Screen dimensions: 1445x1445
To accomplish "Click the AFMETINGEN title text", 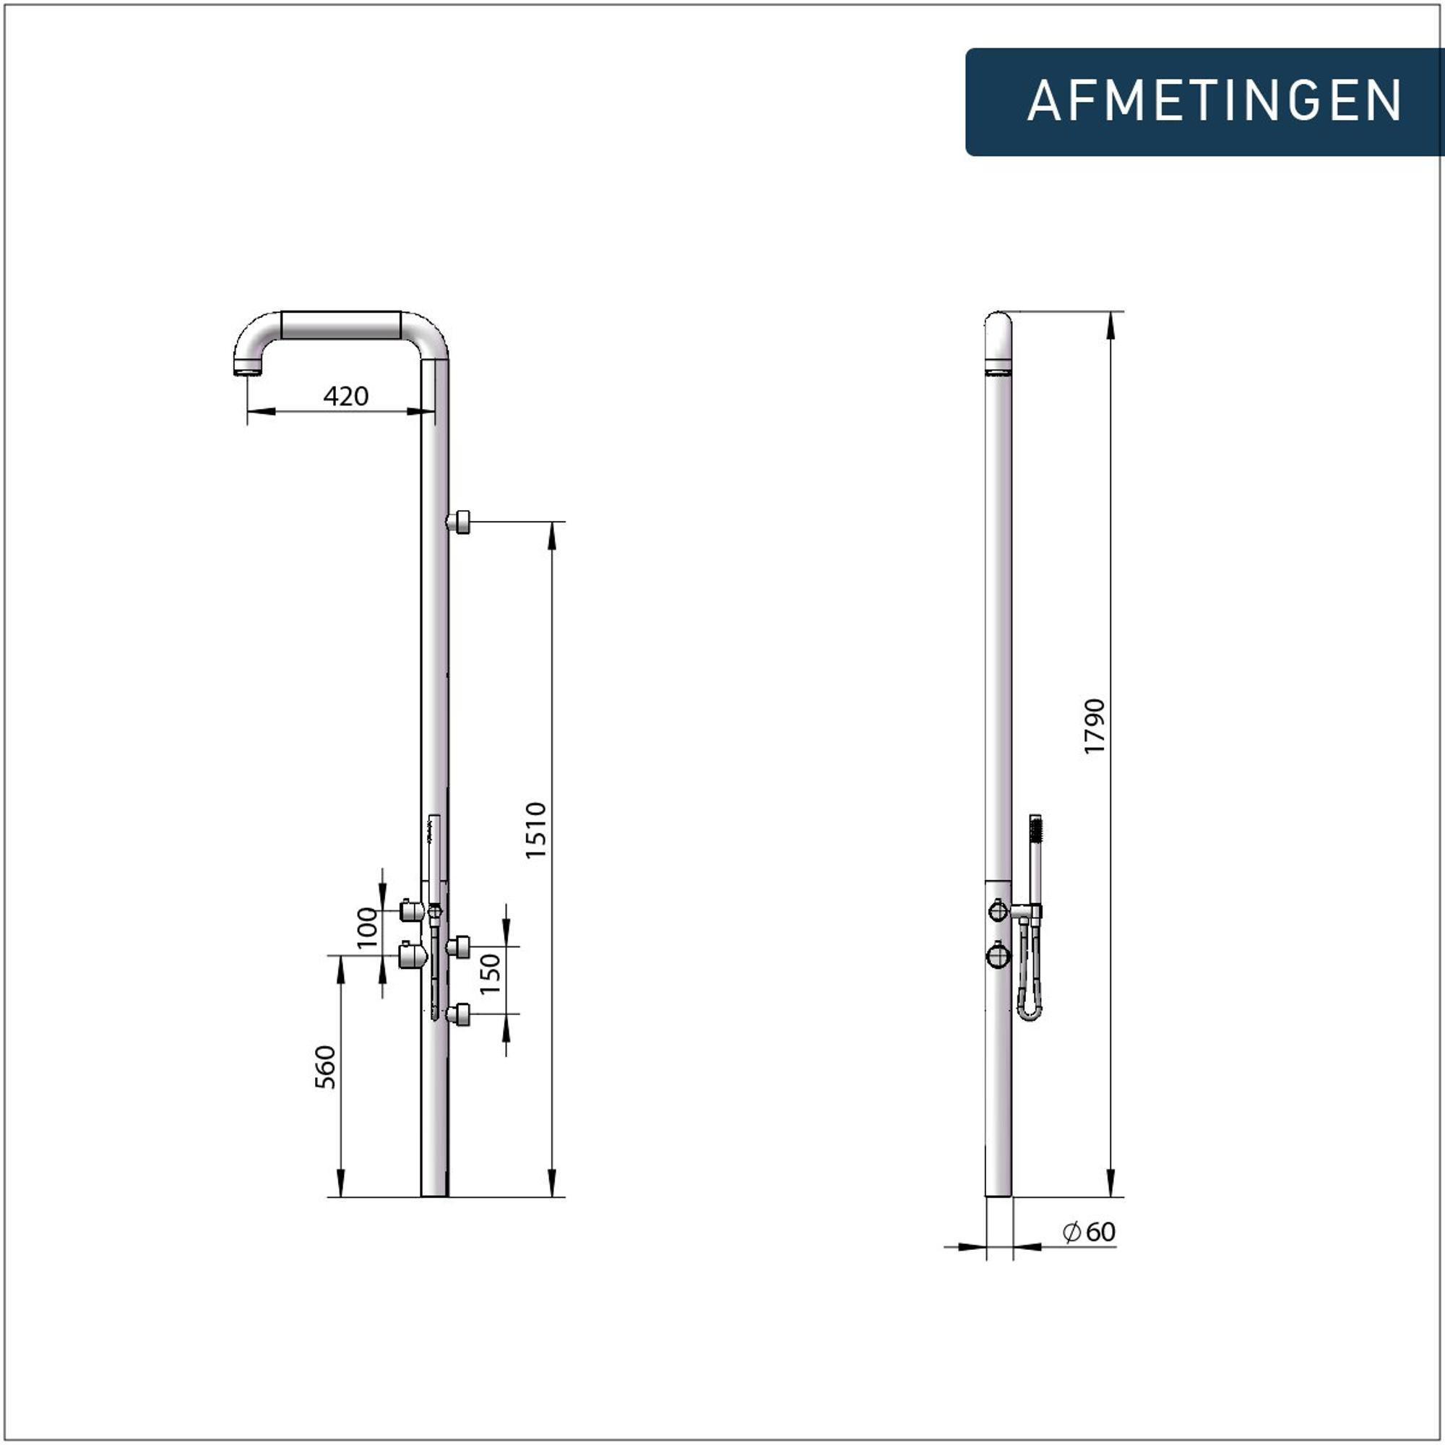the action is [x=1214, y=101].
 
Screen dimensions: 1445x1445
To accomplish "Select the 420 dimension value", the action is [x=345, y=396].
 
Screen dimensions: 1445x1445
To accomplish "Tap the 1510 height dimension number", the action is [x=535, y=831].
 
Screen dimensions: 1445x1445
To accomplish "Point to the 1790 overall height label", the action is [x=1094, y=726].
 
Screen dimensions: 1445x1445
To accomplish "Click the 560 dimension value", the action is [x=325, y=1067].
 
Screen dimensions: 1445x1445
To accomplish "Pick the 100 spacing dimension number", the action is [x=367, y=928].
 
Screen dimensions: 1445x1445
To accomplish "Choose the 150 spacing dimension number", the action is [x=489, y=973].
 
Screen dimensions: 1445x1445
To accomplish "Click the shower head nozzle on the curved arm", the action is [x=248, y=367].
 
